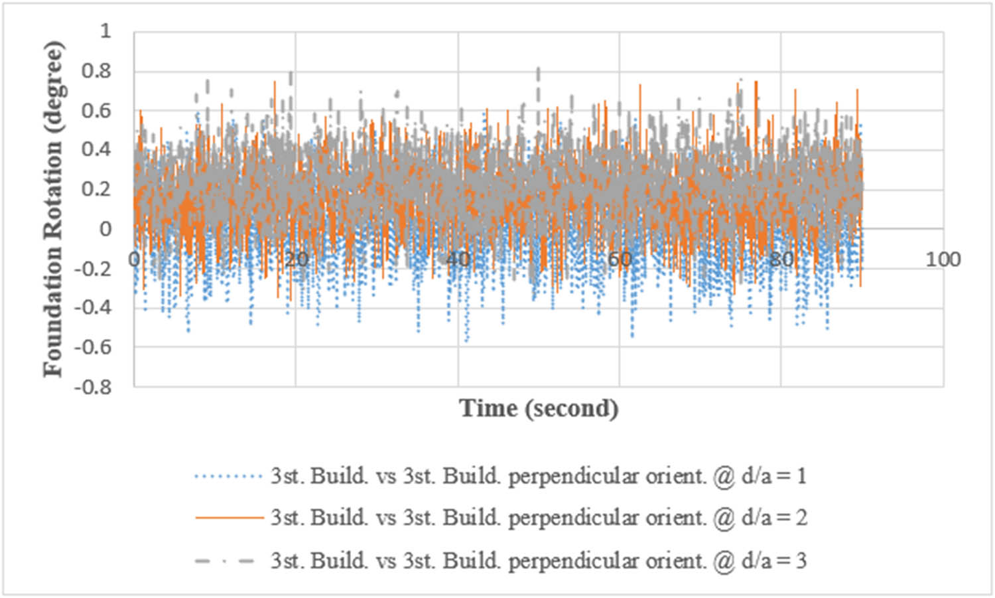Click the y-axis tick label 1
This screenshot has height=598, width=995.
pos(105,31)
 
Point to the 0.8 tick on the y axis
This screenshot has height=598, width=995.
pos(96,71)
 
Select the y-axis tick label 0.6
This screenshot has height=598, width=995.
pos(96,110)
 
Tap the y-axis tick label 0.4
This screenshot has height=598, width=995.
pos(96,149)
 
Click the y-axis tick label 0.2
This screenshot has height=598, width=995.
pos(96,189)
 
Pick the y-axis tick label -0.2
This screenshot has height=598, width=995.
pos(93,268)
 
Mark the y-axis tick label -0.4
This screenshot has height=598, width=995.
pos(93,307)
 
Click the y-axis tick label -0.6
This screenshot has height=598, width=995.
pos(93,347)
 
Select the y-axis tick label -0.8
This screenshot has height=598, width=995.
pos(93,386)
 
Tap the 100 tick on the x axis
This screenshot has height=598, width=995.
pos(943,260)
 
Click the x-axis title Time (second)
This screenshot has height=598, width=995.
pos(539,408)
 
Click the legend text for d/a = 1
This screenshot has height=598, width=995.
pos(538,477)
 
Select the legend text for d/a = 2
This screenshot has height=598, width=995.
pos(538,518)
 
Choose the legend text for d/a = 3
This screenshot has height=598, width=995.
pos(538,561)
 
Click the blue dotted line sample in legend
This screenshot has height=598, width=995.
pos(229,477)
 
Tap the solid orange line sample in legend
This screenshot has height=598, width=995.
pos(229,518)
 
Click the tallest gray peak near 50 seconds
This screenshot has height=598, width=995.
pos(538,69)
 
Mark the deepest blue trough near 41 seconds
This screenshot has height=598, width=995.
pos(467,341)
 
